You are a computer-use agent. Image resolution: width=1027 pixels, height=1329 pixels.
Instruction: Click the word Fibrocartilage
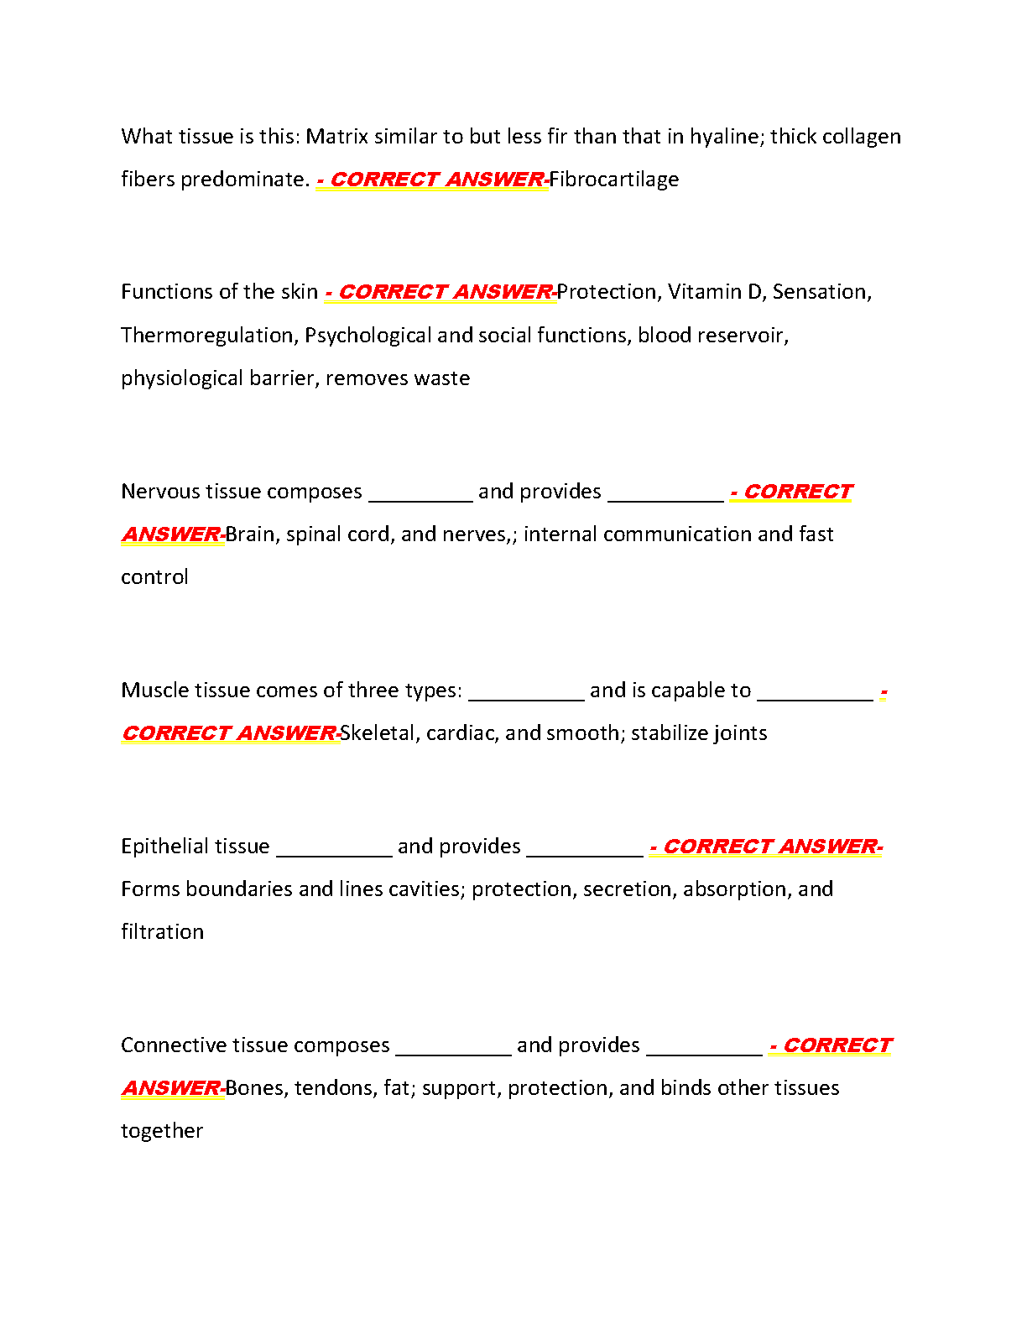tap(613, 180)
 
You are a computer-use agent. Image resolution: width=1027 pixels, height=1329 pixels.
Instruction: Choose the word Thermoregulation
tap(209, 336)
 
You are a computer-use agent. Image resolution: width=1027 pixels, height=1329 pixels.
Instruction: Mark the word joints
tap(738, 733)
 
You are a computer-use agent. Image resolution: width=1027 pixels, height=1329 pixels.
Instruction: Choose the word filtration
tap(162, 932)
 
